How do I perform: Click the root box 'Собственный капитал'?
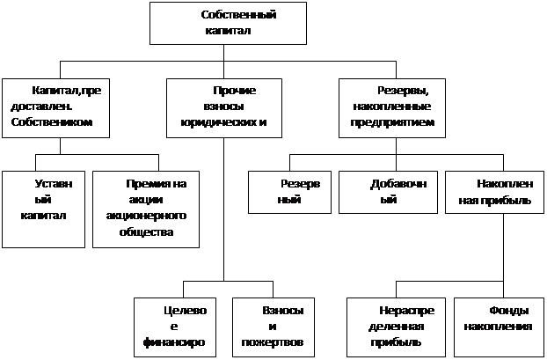point(228,23)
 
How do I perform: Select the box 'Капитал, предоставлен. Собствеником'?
point(55,108)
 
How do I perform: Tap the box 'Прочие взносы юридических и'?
point(224,108)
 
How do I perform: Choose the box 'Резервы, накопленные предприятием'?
point(392,108)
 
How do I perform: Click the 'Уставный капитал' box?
point(44,209)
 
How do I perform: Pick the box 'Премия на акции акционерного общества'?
point(146,209)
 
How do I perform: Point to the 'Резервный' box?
point(289,193)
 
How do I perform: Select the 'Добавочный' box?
point(389,193)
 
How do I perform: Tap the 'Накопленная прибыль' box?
point(494,193)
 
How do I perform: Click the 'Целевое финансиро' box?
point(175,327)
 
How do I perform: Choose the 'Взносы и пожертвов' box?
point(273,327)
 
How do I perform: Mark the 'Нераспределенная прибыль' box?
point(397,327)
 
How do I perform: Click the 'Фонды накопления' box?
point(499,327)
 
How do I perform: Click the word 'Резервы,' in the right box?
point(404,91)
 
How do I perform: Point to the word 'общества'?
point(146,232)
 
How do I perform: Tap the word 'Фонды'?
point(509,311)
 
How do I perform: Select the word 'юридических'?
point(215,123)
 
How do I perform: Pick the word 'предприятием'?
point(392,123)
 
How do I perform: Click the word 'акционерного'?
point(146,216)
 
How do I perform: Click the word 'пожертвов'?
point(273,342)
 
